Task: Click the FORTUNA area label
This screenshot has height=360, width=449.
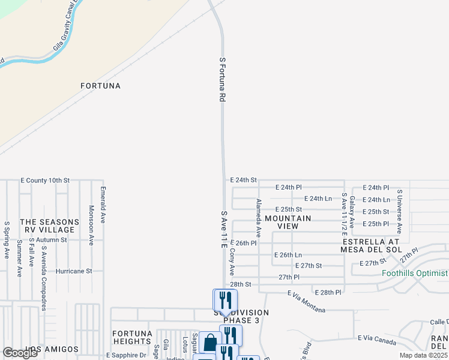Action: (x=101, y=86)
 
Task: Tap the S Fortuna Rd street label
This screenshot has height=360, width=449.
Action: (x=222, y=79)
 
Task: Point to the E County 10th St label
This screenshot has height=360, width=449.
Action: (x=45, y=180)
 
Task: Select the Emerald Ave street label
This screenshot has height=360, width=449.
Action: (x=103, y=205)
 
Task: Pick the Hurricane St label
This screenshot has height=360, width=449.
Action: (x=73, y=271)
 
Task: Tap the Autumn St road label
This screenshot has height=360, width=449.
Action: (x=50, y=239)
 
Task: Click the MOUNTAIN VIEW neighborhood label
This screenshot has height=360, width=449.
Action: (x=288, y=222)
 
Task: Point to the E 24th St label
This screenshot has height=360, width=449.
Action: (x=243, y=179)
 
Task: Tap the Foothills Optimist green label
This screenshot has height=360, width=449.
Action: (x=415, y=274)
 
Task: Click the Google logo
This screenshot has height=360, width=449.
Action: (x=20, y=353)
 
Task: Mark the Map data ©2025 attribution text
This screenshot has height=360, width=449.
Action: (x=424, y=355)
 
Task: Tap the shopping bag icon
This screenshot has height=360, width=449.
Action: (x=208, y=344)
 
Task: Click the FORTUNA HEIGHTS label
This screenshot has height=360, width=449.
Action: (x=132, y=337)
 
